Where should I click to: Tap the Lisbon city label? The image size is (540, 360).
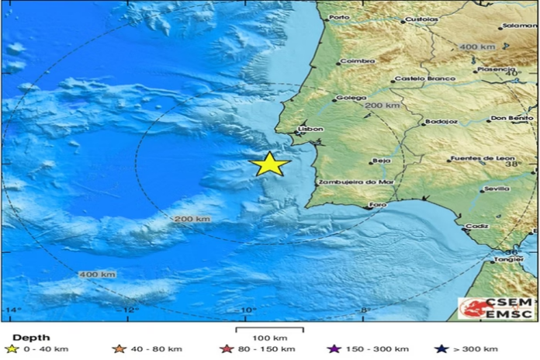pyautogui.click(x=310, y=130)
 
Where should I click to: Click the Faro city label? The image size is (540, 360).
pyautogui.click(x=378, y=205)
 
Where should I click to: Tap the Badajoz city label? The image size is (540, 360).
pyautogui.click(x=439, y=122)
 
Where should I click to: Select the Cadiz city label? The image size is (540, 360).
pyautogui.click(x=478, y=226)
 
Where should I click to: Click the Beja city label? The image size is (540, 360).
pyautogui.click(x=381, y=161)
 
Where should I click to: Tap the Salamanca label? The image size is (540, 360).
pyautogui.click(x=519, y=26)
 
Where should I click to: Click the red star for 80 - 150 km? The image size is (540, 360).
pyautogui.click(x=227, y=348)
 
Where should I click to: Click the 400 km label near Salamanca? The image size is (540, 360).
pyautogui.click(x=477, y=47)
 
